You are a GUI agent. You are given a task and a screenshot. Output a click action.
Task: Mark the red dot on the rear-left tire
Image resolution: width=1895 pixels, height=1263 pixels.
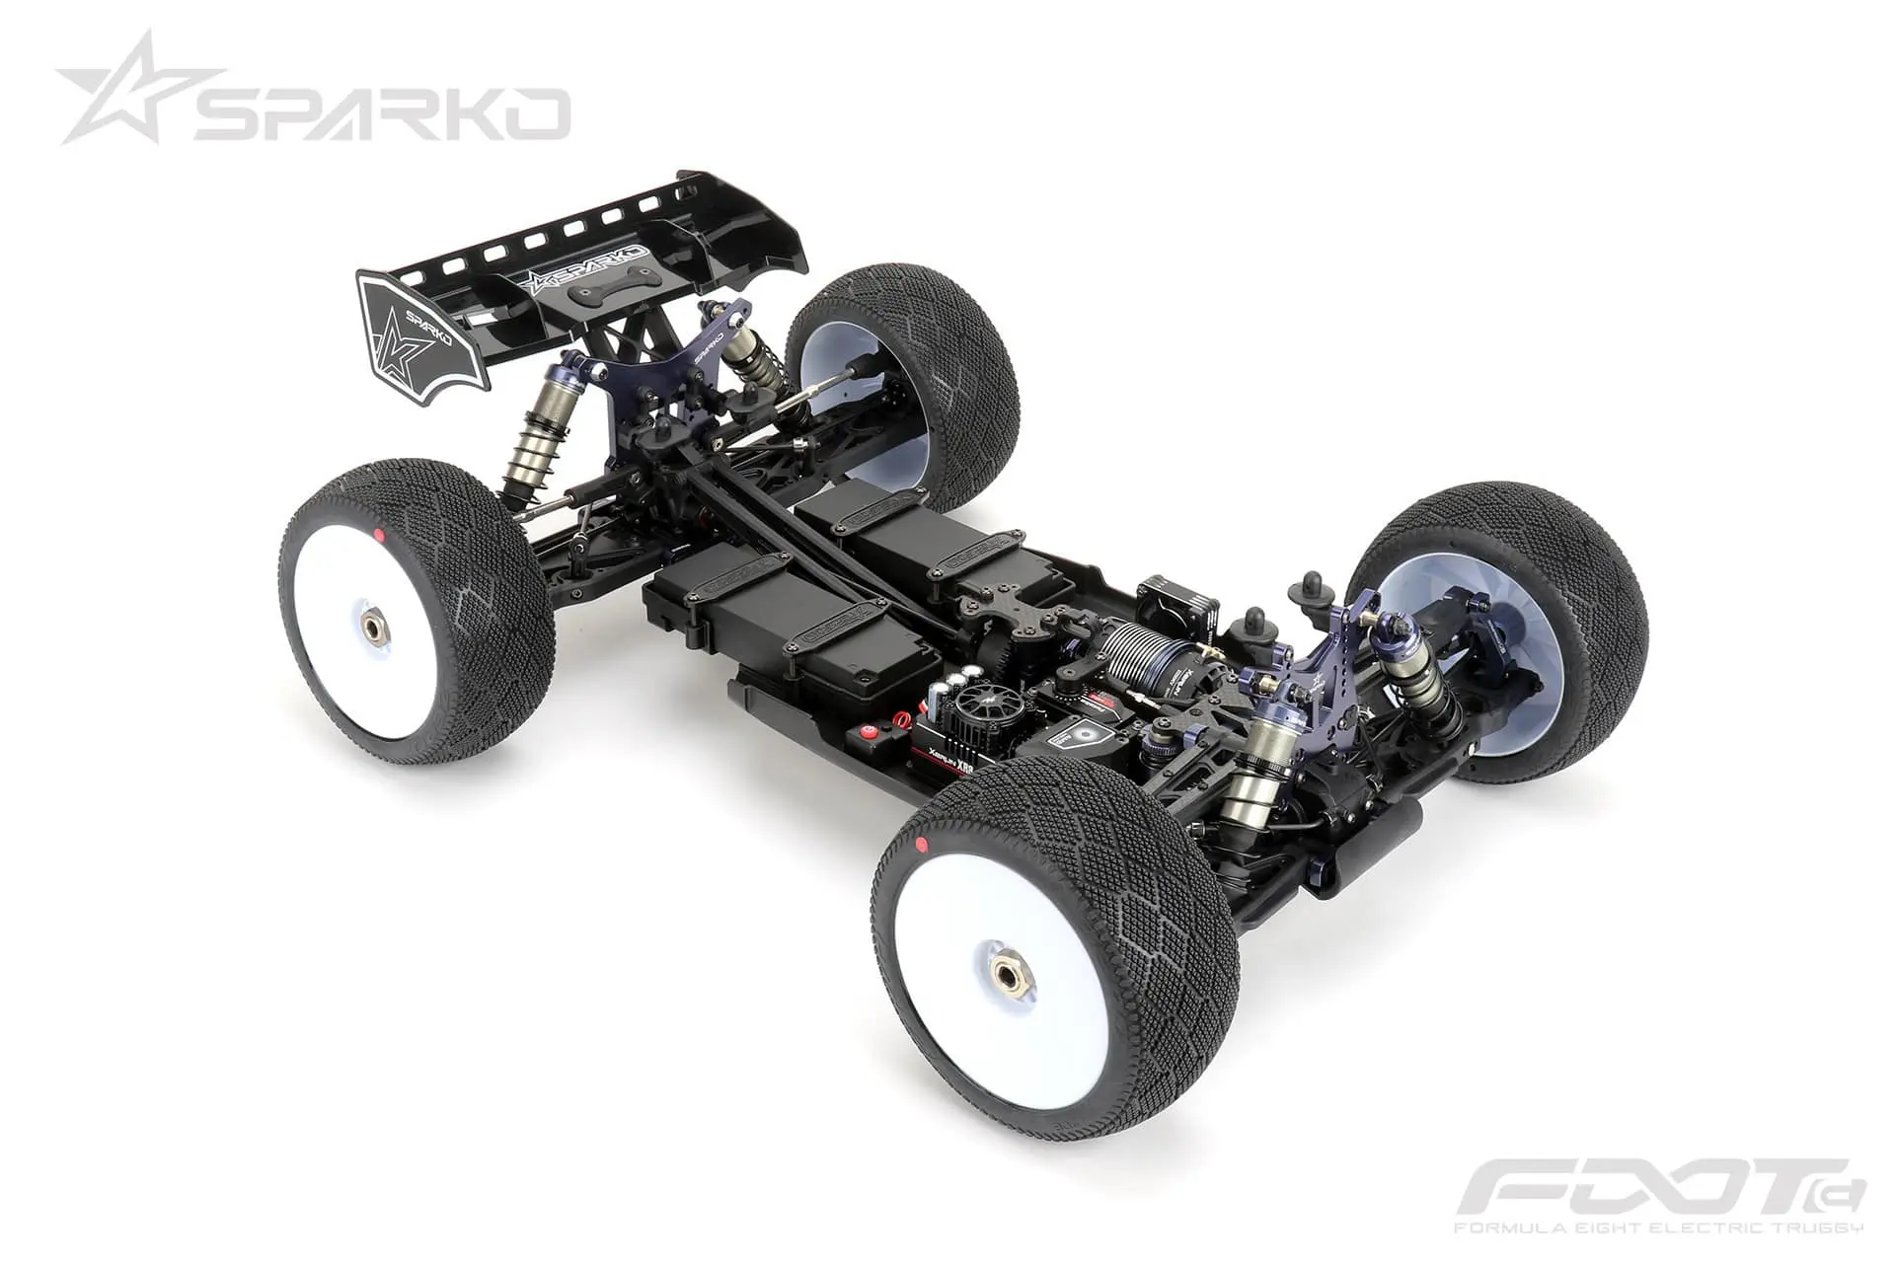379,536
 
